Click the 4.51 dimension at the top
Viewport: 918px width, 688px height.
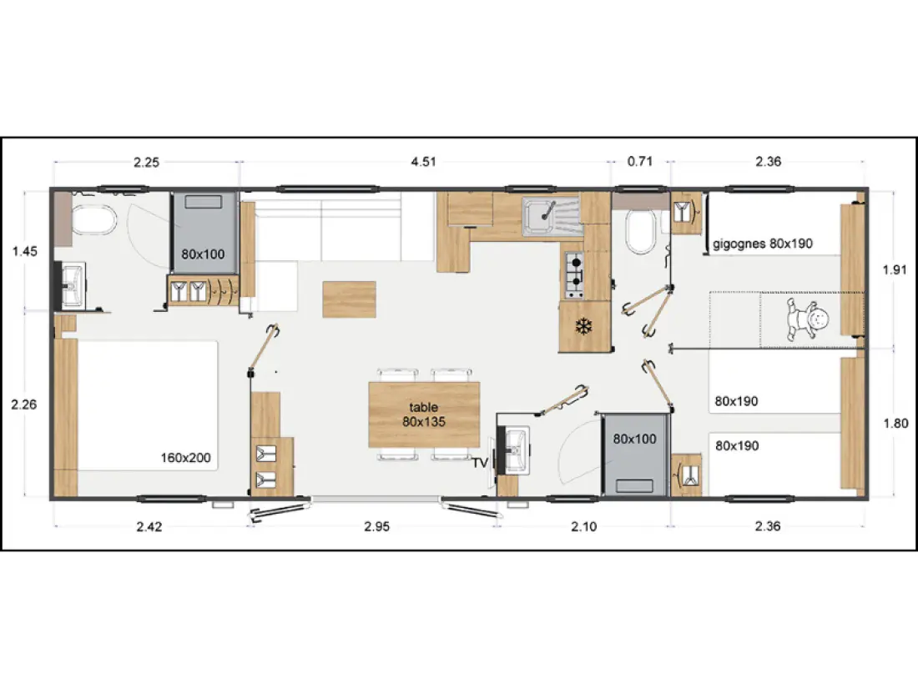pyautogui.click(x=423, y=162)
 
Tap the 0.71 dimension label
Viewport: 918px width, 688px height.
pyautogui.click(x=640, y=162)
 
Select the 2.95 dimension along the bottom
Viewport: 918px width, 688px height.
pyautogui.click(x=377, y=526)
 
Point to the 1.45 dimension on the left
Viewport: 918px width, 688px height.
pyautogui.click(x=24, y=252)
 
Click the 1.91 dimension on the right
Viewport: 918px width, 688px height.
pyautogui.click(x=895, y=269)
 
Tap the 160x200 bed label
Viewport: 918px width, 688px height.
pyautogui.click(x=185, y=458)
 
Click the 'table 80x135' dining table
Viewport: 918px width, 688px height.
pyautogui.click(x=424, y=414)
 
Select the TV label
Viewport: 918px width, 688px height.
pyautogui.click(x=480, y=463)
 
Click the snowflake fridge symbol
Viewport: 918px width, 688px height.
pyautogui.click(x=583, y=326)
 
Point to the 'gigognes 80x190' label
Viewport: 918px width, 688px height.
pyautogui.click(x=763, y=244)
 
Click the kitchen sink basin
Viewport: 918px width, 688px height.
pyautogui.click(x=538, y=215)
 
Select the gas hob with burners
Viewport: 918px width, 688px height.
pyautogui.click(x=574, y=275)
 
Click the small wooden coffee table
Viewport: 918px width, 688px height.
pyautogui.click(x=350, y=299)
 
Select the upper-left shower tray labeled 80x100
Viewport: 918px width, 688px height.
pyautogui.click(x=204, y=233)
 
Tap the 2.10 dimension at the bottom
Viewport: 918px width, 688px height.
pyautogui.click(x=583, y=526)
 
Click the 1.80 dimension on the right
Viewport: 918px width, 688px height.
pyautogui.click(x=895, y=423)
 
